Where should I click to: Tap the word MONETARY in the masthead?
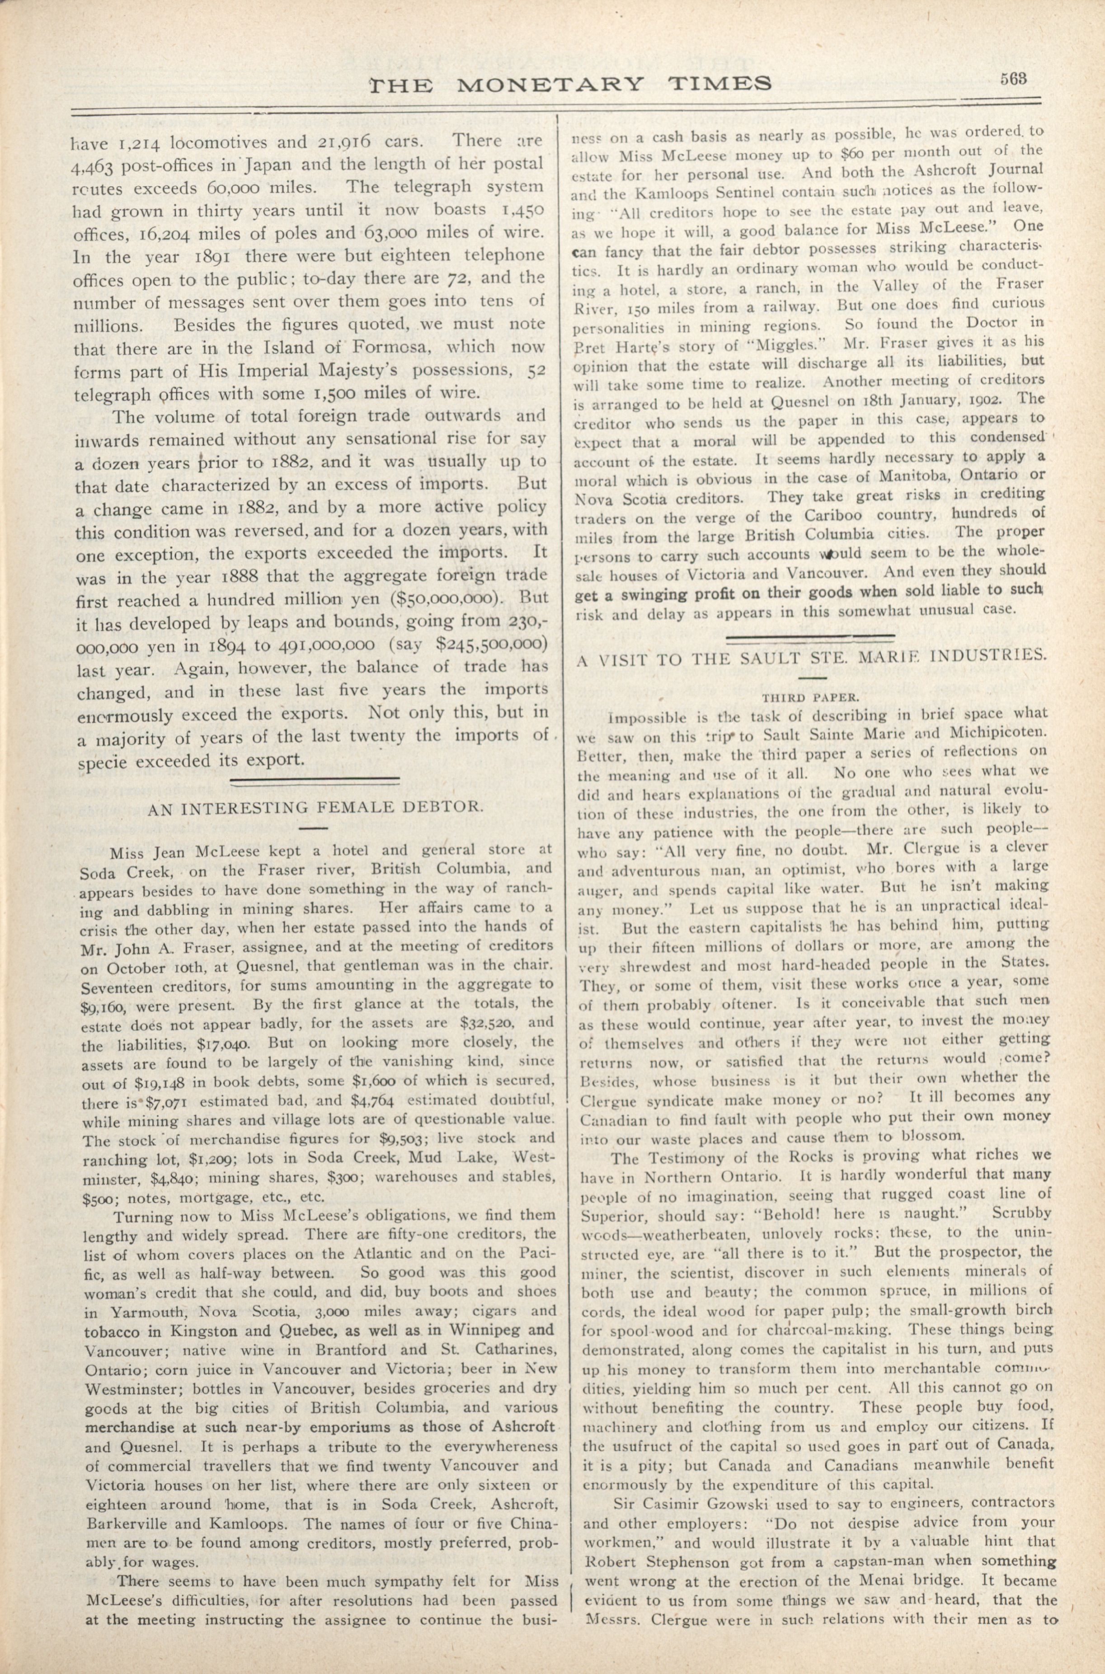(550, 85)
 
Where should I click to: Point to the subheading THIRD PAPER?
(810, 698)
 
